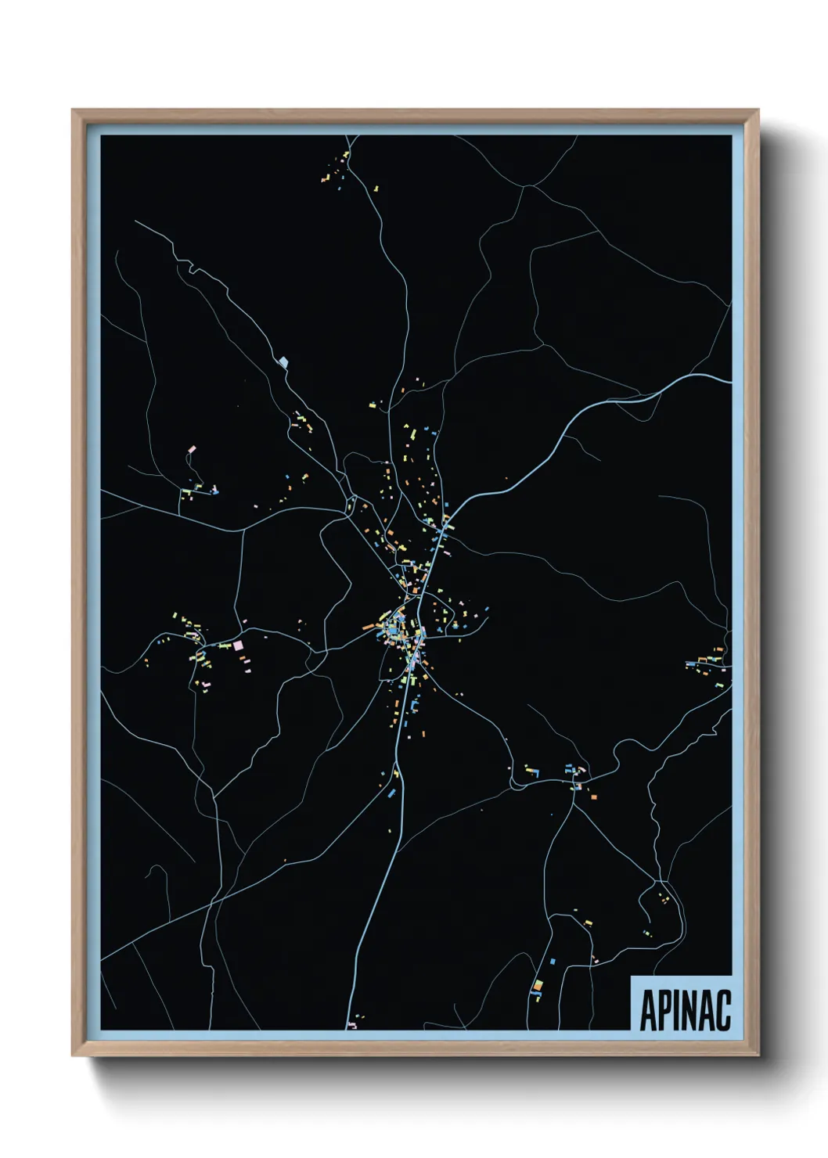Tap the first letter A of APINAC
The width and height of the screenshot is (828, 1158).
pos(649,1010)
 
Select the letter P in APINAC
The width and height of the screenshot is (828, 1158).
pos(665,1010)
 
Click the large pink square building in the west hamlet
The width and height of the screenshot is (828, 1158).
pos(239,646)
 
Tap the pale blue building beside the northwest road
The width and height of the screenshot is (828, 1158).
pos(284,361)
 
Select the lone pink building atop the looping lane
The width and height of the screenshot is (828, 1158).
pos(191,450)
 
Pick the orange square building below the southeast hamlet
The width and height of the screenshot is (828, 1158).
pos(594,797)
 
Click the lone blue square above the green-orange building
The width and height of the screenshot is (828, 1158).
pos(553,960)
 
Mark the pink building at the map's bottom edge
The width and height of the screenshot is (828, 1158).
pos(351,1024)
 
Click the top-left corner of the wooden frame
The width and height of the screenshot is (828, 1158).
pos(73,110)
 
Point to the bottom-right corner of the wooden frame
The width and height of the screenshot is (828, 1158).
pos(758,1056)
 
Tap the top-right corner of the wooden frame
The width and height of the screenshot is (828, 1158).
pos(758,110)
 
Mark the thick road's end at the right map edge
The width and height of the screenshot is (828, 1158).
pos(729,382)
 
